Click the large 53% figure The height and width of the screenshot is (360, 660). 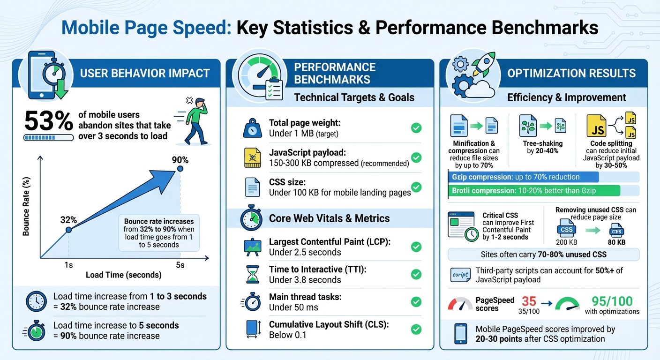[x=48, y=121]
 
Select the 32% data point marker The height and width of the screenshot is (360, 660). [x=68, y=230]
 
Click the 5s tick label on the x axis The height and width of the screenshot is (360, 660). [x=180, y=265]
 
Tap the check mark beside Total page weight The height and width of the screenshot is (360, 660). [x=416, y=128]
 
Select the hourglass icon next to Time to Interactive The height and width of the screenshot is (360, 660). [x=252, y=274]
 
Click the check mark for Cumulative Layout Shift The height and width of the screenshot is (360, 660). [x=416, y=330]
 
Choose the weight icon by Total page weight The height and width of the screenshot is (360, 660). [x=252, y=128]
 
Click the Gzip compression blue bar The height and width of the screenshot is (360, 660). [x=523, y=177]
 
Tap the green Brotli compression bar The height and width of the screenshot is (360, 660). [x=534, y=191]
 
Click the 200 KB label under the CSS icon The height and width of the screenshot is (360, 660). [x=566, y=242]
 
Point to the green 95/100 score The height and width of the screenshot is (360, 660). [x=612, y=300]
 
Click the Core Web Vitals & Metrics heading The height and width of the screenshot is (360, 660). [x=329, y=218]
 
